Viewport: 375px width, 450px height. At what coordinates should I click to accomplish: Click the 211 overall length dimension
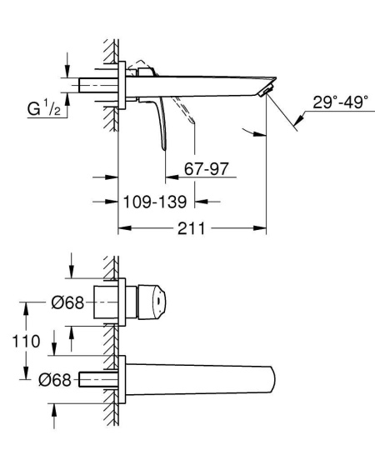pyautogui.click(x=192, y=227)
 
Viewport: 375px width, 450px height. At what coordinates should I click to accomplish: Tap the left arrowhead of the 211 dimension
pyautogui.click(x=122, y=227)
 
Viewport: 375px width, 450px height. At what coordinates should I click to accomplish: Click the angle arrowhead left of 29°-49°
pyautogui.click(x=247, y=128)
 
